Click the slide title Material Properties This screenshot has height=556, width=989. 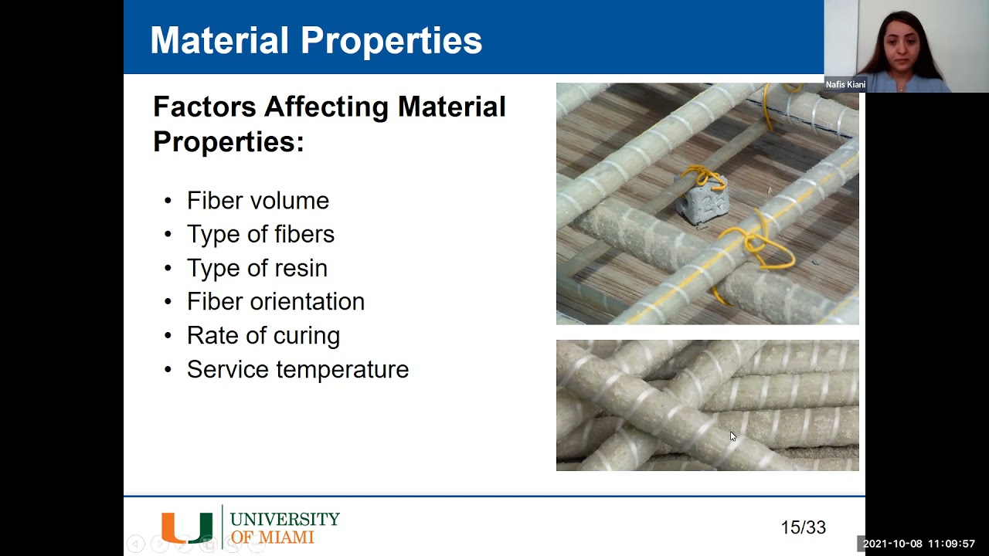tap(315, 40)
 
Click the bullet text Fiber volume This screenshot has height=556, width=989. tap(257, 201)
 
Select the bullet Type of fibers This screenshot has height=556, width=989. tap(260, 234)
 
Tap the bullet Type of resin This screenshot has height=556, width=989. tap(257, 268)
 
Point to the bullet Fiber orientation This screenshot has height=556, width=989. tap(275, 302)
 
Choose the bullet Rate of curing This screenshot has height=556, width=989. tap(263, 336)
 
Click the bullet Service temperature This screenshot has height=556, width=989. tap(297, 370)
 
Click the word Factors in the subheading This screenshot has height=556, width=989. tap(204, 107)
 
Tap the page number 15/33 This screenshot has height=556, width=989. tap(803, 527)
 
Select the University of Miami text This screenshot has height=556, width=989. tap(284, 527)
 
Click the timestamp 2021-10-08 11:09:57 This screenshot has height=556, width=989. tap(919, 544)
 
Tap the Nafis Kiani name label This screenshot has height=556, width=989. tap(845, 85)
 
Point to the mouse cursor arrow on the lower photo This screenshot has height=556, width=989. tap(732, 436)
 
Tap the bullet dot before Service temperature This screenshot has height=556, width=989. tap(168, 370)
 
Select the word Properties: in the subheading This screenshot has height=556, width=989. tap(228, 142)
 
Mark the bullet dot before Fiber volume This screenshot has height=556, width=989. tap(168, 202)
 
